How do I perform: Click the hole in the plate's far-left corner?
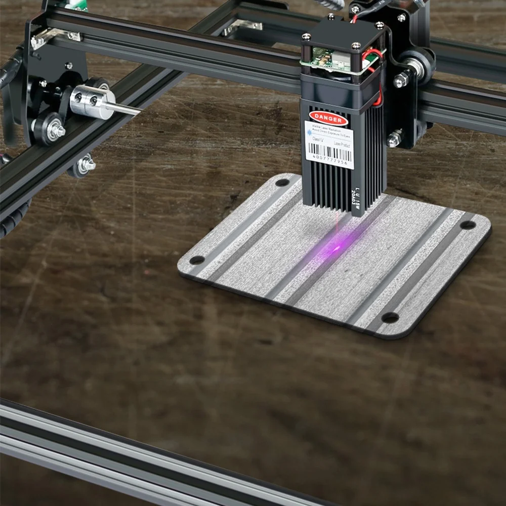(x=282, y=182)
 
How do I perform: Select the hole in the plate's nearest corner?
(x=197, y=260)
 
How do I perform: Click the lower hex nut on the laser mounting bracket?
(x=394, y=139)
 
